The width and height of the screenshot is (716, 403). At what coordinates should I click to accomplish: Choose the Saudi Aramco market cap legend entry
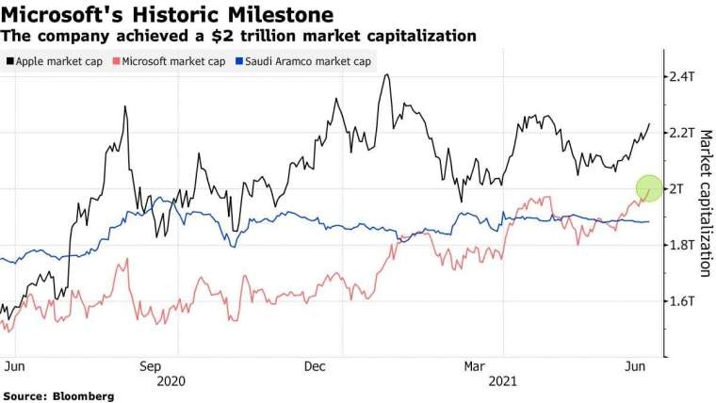point(303,62)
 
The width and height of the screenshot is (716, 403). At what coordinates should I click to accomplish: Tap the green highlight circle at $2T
point(649,188)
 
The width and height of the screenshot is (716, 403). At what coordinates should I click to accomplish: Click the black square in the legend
point(10,62)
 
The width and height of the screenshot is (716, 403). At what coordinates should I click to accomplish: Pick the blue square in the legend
point(239,62)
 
